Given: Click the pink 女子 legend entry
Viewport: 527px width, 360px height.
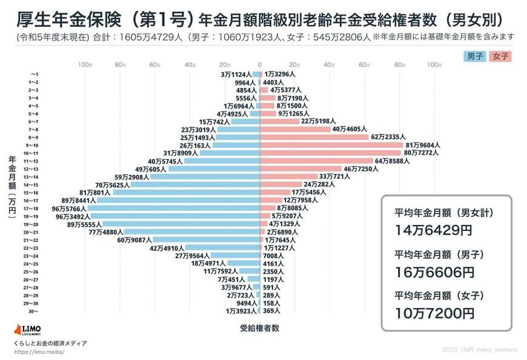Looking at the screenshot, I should [500, 56].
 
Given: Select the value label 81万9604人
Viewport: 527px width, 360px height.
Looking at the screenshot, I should [422, 145].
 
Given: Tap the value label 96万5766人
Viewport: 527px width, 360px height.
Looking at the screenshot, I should [67, 208].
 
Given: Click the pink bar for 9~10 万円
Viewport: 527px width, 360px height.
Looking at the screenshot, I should [331, 145].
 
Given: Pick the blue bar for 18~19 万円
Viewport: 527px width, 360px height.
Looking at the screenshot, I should [174, 216].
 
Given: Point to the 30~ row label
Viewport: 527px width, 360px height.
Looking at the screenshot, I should [34, 311].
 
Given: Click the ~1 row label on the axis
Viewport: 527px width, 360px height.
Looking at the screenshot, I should [34, 74].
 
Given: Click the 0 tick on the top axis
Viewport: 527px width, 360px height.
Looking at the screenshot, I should [260, 64].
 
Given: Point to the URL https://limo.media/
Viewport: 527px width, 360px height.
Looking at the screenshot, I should [39, 352].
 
